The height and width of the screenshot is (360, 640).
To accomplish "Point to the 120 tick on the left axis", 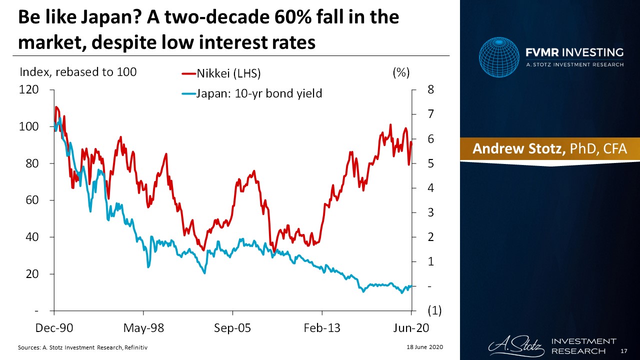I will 28,90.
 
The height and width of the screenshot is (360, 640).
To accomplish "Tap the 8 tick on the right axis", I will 430,90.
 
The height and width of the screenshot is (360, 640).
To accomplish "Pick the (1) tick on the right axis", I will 433,310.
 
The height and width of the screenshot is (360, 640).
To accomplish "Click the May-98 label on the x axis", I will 143,328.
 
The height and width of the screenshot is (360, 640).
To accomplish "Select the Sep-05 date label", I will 233,328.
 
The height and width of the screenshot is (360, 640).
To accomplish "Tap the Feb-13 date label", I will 322,328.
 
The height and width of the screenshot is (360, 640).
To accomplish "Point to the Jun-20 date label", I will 411,328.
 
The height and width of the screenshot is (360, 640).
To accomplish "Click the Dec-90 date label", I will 53,328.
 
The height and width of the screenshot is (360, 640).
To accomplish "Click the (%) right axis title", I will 401,72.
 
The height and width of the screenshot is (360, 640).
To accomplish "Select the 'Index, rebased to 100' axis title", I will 77,72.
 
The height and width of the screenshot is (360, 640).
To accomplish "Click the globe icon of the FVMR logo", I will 499,57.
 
